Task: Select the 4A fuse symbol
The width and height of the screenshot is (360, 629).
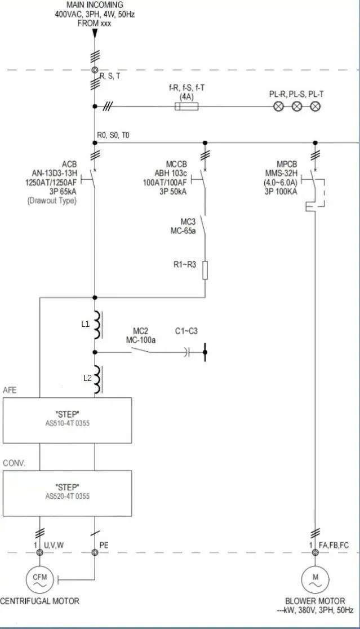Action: (x=185, y=106)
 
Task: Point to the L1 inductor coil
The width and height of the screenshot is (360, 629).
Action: (x=97, y=325)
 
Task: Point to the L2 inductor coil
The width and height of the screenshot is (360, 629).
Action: (x=97, y=379)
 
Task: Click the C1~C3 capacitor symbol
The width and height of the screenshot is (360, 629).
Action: (x=188, y=353)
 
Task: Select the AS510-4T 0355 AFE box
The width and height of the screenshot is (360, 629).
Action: (x=67, y=420)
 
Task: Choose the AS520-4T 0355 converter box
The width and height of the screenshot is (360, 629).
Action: (x=67, y=493)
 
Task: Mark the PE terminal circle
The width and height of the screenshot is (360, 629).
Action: (x=95, y=552)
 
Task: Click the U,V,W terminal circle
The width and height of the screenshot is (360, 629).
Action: (x=40, y=552)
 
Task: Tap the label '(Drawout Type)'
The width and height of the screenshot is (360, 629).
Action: (x=52, y=201)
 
